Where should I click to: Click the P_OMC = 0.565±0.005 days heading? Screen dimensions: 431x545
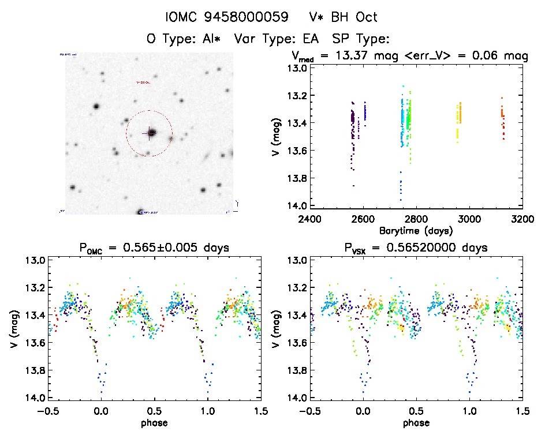(x=154, y=248)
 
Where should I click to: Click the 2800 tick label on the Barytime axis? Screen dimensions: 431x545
(x=416, y=219)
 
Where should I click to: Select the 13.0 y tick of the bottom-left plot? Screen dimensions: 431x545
(x=35, y=261)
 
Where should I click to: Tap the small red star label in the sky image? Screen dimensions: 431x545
(x=143, y=82)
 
